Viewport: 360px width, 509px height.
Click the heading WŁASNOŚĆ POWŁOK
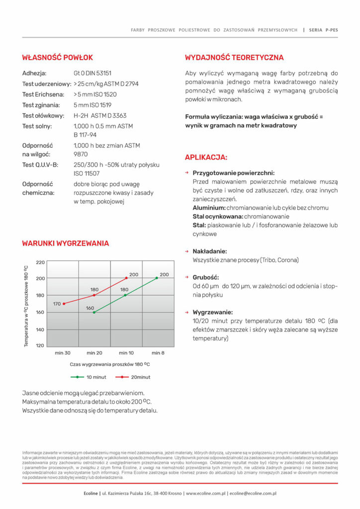(57, 58)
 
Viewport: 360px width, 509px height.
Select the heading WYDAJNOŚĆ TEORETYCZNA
(234, 58)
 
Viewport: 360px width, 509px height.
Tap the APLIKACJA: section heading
(206, 158)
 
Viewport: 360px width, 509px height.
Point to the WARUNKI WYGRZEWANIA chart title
(65, 244)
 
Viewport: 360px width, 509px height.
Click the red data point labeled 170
(64, 304)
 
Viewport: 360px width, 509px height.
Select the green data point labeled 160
(94, 312)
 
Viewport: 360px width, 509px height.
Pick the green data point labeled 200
(157, 278)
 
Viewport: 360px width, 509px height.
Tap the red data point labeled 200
(126, 278)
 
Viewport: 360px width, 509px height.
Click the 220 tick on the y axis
(40, 262)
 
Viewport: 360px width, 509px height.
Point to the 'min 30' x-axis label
(63, 353)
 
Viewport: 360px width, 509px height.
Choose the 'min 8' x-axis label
(157, 353)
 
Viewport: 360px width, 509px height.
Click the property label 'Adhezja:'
(34, 73)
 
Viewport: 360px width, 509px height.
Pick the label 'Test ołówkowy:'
(42, 116)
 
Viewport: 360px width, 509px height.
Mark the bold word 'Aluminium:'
(209, 208)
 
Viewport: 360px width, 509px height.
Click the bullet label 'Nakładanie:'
(209, 252)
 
